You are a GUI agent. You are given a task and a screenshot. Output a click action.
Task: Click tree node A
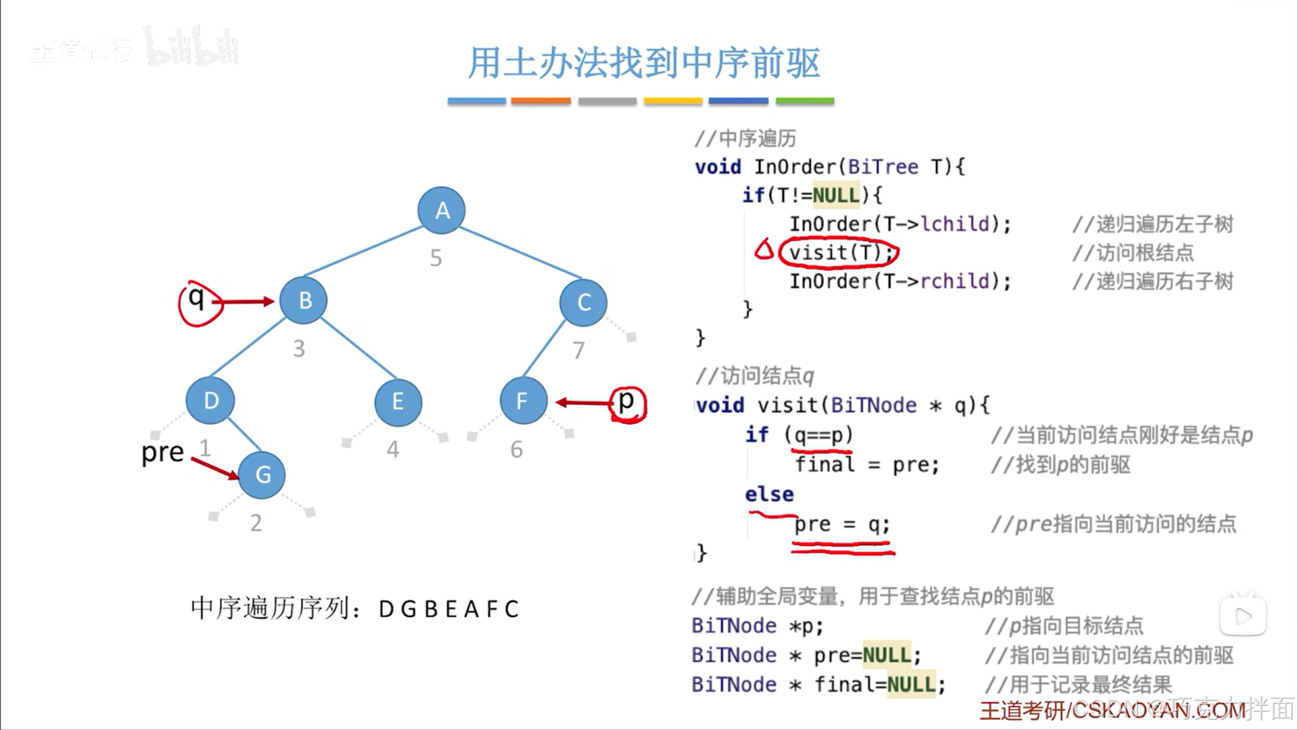pyautogui.click(x=441, y=210)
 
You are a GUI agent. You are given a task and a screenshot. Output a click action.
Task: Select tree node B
pyautogui.click(x=304, y=300)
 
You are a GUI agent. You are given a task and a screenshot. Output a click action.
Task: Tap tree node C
pyautogui.click(x=583, y=302)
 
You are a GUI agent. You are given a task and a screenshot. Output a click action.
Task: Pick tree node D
pyautogui.click(x=210, y=401)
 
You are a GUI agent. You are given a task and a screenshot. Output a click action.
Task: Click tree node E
pyautogui.click(x=398, y=402)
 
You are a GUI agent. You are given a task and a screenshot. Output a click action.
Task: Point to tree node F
pyautogui.click(x=523, y=401)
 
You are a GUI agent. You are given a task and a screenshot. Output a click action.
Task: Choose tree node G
pyautogui.click(x=262, y=475)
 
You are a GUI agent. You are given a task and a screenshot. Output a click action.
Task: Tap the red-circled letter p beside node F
pyautogui.click(x=627, y=402)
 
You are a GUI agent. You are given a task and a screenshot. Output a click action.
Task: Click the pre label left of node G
pyautogui.click(x=162, y=453)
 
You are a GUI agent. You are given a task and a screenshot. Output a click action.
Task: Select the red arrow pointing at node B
pyautogui.click(x=248, y=302)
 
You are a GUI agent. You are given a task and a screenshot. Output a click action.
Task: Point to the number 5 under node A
pyautogui.click(x=436, y=258)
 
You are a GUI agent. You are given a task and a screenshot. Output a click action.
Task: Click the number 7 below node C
pyautogui.click(x=578, y=350)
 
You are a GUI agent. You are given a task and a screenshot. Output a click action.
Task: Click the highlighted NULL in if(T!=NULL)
pyautogui.click(x=836, y=196)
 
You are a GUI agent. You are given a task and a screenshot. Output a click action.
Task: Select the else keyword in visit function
pyautogui.click(x=769, y=495)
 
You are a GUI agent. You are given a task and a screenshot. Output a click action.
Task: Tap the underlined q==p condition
pyautogui.click(x=819, y=435)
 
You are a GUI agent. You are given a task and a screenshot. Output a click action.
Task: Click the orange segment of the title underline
pyautogui.click(x=540, y=101)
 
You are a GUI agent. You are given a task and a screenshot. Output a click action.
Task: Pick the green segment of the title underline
pyautogui.click(x=804, y=101)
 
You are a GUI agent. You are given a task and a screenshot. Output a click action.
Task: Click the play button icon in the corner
pyautogui.click(x=1243, y=616)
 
